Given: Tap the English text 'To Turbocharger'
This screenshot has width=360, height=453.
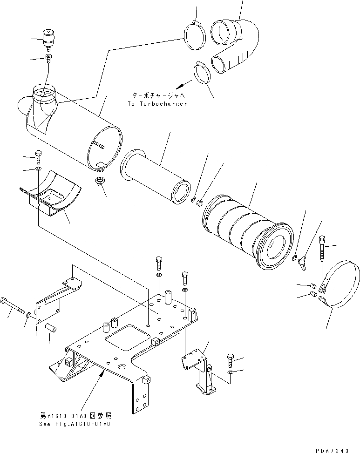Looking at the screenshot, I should [157, 104].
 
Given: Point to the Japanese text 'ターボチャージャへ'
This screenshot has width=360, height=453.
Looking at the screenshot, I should [158, 95].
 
